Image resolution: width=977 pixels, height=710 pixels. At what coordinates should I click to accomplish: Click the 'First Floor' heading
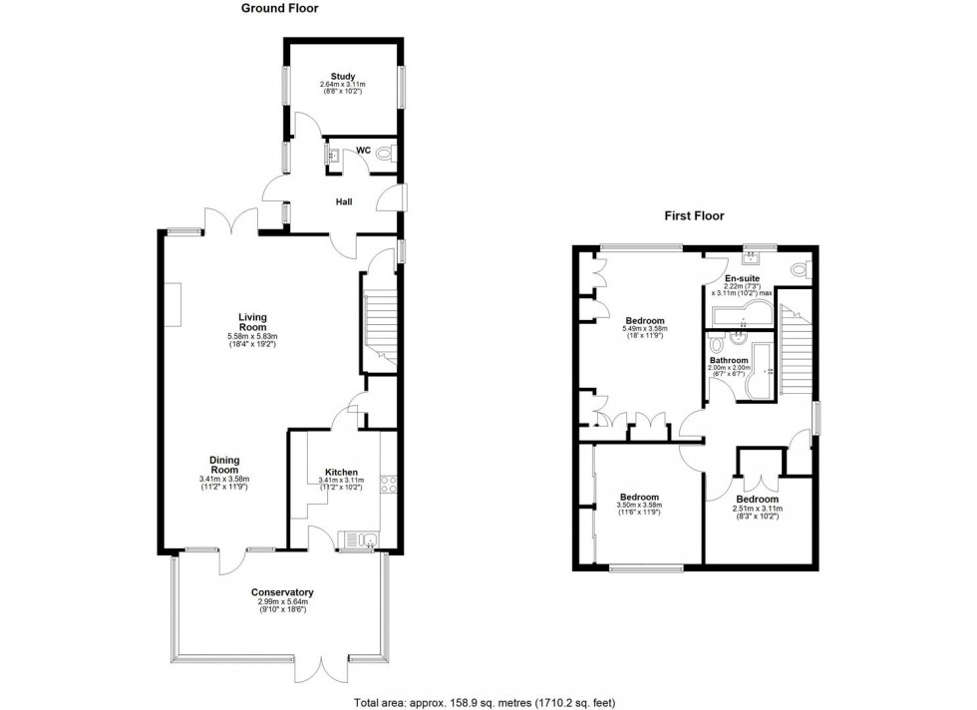coord(695,215)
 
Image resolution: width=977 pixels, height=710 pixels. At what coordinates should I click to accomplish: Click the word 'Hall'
coord(343,201)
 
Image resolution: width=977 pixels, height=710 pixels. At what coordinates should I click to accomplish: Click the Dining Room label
coord(223,466)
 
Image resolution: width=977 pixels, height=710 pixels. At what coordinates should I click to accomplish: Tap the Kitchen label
coord(342,473)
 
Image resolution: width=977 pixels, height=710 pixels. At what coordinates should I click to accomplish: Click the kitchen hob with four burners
coord(390,486)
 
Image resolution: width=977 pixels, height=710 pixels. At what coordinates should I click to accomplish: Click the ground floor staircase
coord(380,324)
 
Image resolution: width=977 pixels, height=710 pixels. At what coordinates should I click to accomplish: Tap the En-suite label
coord(741,278)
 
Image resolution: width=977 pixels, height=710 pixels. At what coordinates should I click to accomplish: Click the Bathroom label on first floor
coord(728,360)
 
